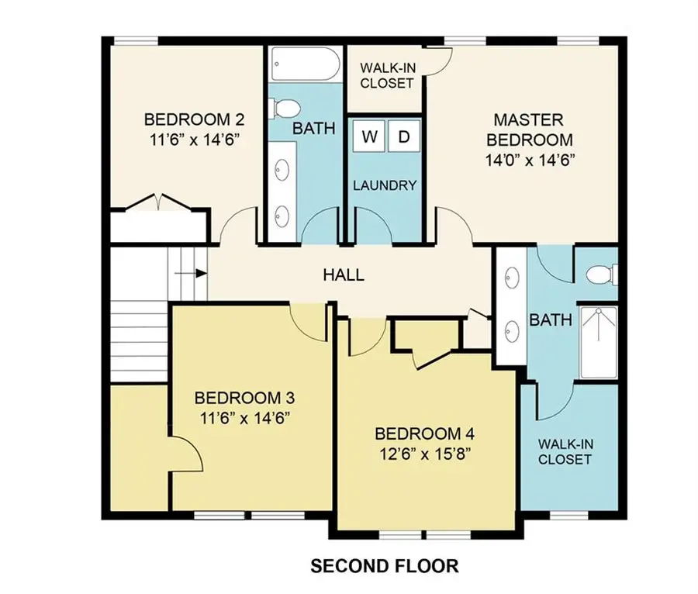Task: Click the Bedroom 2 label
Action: pos(195,120)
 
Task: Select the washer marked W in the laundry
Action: pos(370,137)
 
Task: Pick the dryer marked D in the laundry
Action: pos(403,137)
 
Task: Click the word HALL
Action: pos(344,275)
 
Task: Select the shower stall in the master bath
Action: pos(599,342)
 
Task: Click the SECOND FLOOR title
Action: pos(384,566)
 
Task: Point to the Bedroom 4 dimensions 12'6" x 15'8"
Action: pos(424,453)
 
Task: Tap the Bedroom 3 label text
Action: pos(244,399)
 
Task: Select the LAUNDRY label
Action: pos(385,186)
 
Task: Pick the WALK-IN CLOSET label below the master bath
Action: pos(565,452)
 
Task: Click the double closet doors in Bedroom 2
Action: pos(158,202)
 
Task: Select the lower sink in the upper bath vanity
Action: pos(282,215)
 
